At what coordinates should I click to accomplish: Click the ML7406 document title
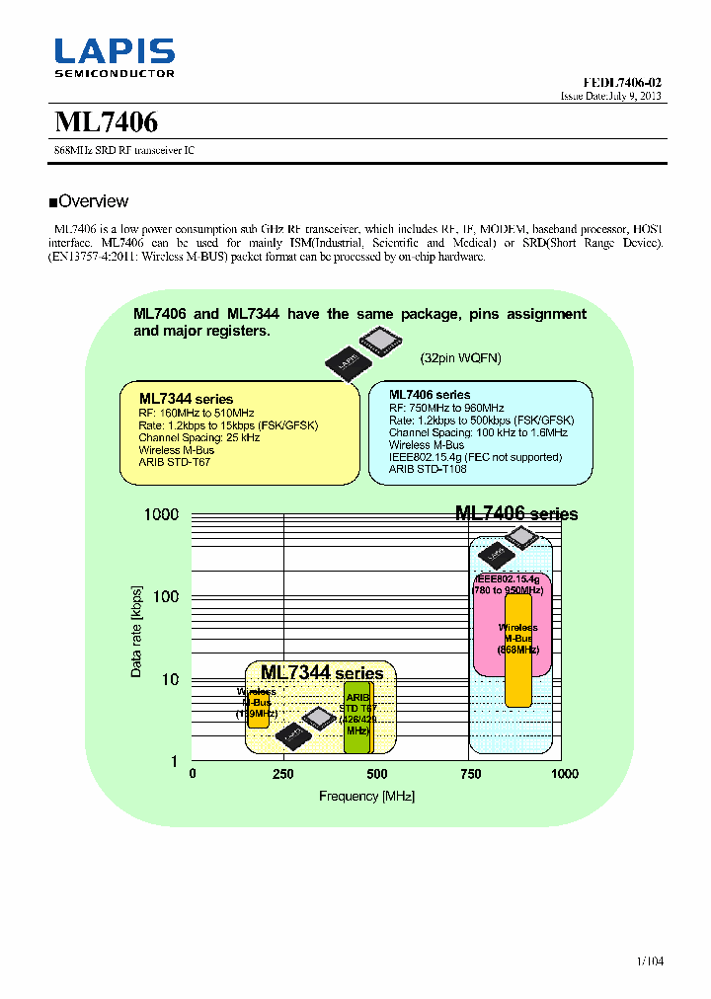106,122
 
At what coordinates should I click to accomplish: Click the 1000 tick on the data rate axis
161,514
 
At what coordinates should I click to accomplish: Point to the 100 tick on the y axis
165,596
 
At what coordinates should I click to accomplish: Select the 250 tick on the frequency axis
283,774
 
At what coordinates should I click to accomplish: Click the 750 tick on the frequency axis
470,774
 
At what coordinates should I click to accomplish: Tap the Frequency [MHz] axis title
366,797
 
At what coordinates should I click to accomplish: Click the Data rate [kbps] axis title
136,632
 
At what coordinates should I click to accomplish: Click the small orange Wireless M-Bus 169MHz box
258,708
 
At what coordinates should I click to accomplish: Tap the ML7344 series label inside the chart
322,672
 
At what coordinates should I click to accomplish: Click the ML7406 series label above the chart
515,514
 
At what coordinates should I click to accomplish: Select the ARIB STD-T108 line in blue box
428,470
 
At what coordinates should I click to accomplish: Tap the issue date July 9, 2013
611,97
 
